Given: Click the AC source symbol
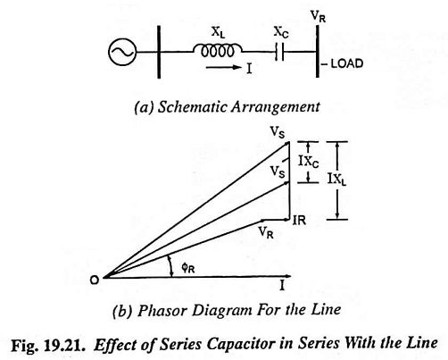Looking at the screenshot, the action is tap(122, 52).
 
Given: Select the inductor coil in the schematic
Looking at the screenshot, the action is tap(218, 51).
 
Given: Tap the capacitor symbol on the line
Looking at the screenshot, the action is tap(279, 52).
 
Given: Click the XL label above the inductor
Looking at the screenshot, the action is tap(218, 32).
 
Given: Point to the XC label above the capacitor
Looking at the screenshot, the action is tap(281, 32).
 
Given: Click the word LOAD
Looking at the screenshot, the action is tap(347, 63).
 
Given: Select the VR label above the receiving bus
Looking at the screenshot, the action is tap(318, 16).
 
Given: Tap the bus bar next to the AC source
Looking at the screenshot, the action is tap(159, 52).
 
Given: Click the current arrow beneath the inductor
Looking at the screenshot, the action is tap(224, 68).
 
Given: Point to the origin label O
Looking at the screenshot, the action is tap(95, 280).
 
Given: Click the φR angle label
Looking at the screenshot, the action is tap(188, 268).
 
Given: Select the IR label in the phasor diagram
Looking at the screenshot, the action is tap(299, 221).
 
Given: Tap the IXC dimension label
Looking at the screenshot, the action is tap(309, 163).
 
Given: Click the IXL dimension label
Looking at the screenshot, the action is tap(337, 180).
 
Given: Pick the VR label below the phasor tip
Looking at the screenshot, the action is tap(266, 232).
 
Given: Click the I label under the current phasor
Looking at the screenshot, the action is tap(282, 286).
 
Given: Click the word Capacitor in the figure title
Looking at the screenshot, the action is tap(241, 345).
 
